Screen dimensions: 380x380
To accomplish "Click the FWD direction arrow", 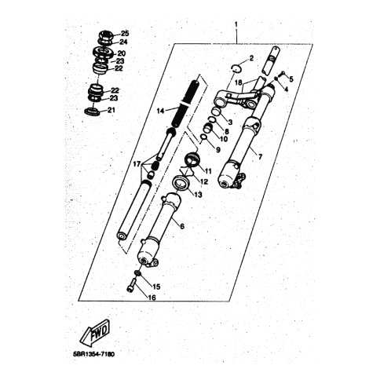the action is (x=94, y=334).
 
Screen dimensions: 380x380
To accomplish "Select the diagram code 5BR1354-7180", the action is (x=94, y=355).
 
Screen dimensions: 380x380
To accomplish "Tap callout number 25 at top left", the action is (x=125, y=34).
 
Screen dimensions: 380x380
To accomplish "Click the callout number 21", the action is (x=111, y=110).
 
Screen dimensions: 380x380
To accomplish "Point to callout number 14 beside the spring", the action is (x=160, y=111).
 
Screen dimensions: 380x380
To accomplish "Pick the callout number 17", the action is (x=137, y=164).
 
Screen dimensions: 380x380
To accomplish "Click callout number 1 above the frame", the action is (x=236, y=25).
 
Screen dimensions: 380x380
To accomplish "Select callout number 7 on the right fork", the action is (x=260, y=157).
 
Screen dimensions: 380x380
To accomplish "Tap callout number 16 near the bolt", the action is (x=152, y=298).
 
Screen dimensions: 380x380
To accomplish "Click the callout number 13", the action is (x=199, y=195).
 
